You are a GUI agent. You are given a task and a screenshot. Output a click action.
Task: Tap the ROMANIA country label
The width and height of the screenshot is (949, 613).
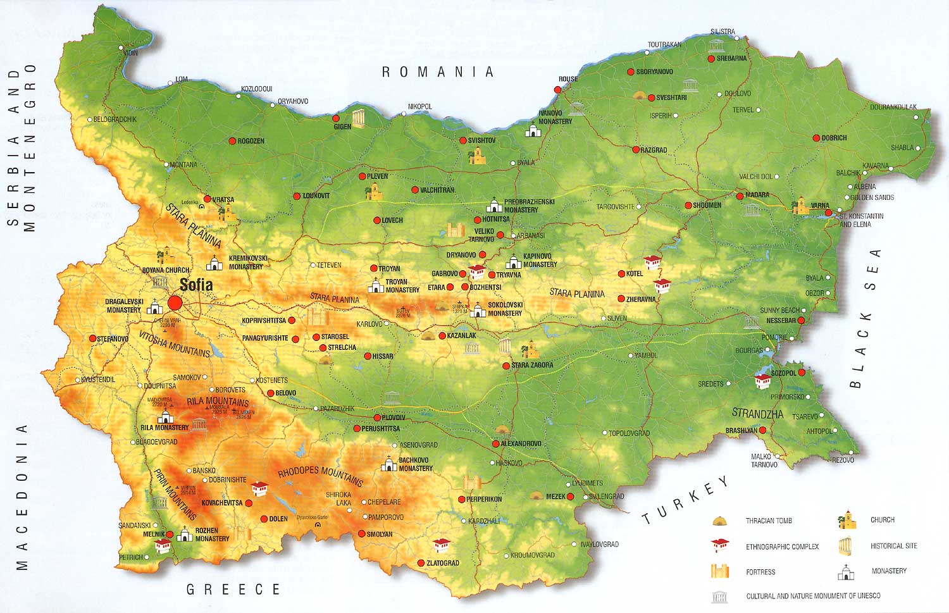[x=437, y=72]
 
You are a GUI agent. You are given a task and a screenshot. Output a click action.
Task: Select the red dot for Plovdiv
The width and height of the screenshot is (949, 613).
[x=377, y=418]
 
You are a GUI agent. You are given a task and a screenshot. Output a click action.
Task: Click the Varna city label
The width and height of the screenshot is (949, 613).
[x=820, y=206]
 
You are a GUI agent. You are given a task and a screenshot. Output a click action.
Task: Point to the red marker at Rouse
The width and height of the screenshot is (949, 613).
[x=557, y=90]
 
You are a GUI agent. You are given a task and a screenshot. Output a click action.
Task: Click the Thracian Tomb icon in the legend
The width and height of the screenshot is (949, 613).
[x=719, y=521]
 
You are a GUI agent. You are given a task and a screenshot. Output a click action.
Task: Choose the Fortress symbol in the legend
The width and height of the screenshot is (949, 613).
[x=719, y=571]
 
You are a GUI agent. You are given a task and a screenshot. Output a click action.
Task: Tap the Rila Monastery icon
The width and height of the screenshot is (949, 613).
[x=166, y=417]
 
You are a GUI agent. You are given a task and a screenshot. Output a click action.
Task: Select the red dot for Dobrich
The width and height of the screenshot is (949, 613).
[x=816, y=138]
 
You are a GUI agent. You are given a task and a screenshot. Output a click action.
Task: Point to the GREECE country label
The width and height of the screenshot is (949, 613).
[x=233, y=590]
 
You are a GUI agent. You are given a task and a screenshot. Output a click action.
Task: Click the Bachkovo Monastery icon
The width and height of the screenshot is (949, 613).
[x=388, y=465]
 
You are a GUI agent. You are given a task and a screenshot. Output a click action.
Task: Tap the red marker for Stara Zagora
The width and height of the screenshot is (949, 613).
[x=506, y=366]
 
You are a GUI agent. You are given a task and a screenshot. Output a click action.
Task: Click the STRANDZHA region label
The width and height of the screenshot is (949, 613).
[x=757, y=414]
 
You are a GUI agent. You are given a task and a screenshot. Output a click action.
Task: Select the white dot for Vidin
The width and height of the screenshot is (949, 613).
[x=125, y=53]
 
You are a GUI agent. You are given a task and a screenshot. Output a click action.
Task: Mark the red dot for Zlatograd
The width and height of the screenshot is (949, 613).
[x=421, y=563]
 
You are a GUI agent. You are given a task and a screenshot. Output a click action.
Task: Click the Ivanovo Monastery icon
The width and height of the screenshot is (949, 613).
[x=533, y=130]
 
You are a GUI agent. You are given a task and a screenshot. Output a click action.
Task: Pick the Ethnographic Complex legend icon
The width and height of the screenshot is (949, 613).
[x=719, y=545]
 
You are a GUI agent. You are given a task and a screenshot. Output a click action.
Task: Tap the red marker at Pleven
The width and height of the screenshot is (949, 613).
[x=362, y=176]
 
